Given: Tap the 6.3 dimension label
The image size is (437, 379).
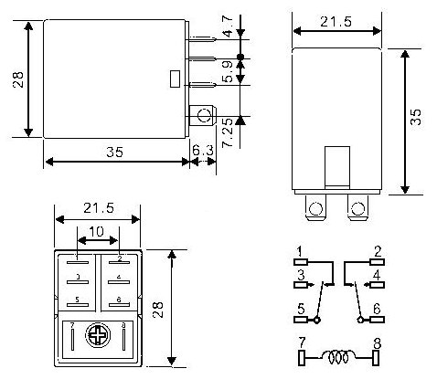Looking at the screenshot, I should coord(202,150).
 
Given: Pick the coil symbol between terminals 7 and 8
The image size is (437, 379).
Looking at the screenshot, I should coord(337,357).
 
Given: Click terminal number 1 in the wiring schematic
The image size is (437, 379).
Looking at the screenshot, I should coord(299,249).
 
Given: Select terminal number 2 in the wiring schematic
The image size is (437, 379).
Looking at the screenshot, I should coord(377,249).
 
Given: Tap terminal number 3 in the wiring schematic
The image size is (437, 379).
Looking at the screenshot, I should coord(299,274).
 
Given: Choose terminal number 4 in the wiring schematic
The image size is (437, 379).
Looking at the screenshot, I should coord(377,274).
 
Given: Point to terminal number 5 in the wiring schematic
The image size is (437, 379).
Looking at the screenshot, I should coord(299,309).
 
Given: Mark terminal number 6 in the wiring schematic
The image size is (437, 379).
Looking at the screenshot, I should coord(377,309).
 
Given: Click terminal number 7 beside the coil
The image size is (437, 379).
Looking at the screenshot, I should coord(299,343).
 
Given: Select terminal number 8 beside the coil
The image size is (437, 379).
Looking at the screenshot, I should coord(377,343).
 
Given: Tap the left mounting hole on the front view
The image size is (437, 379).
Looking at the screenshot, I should coord(315,208).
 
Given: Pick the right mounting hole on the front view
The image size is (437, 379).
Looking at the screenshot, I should coord(357,208).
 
